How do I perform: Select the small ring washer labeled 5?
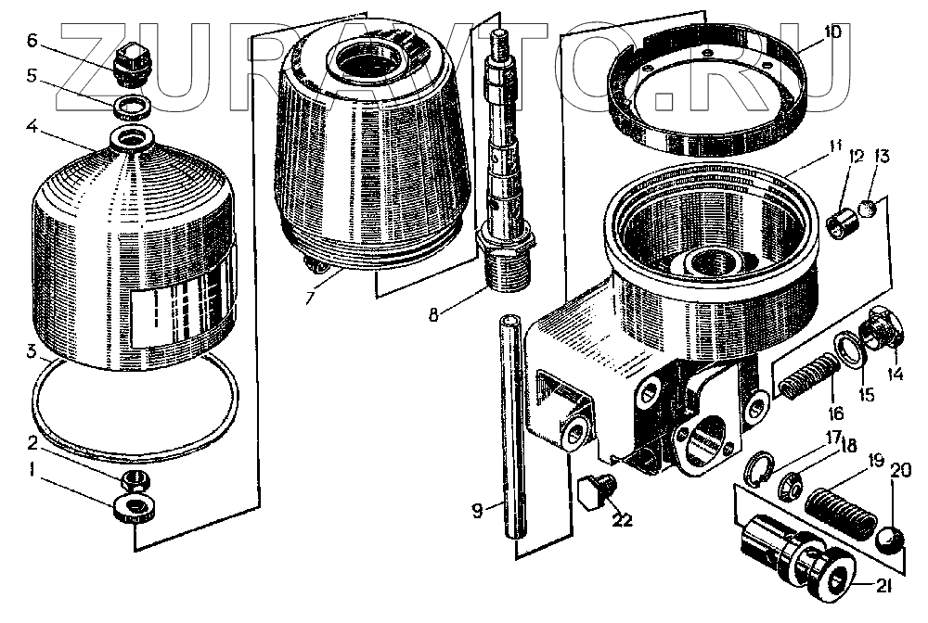pos(132,108)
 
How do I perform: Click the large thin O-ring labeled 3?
pos(134,407)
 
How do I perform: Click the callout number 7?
pos(310,298)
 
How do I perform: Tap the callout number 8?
pos(433,315)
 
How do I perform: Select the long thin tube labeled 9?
pos(512,426)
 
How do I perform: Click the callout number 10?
pos(832,32)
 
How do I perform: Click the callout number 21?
pos(883,585)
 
